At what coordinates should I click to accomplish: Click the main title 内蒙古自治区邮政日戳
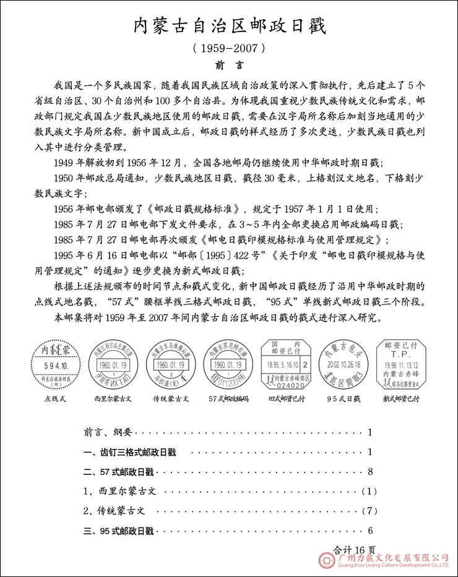coord(229,25)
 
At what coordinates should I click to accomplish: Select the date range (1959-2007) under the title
coord(229,47)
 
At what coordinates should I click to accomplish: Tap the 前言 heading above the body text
coord(229,64)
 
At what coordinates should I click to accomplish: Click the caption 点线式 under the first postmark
coord(56,398)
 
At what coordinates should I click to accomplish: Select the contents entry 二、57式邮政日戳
coord(118,472)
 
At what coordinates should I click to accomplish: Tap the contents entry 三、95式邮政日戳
coord(118,531)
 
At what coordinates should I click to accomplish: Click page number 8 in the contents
coord(369,472)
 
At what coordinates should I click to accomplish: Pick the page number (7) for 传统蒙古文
coord(369,511)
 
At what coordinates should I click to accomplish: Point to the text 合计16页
coord(354,548)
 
